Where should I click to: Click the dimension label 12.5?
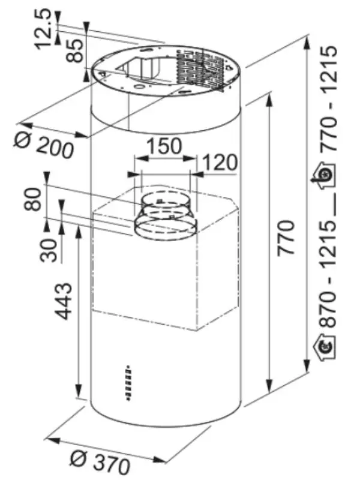coord(42,29)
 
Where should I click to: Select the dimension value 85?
coord(74,50)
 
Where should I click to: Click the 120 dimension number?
coord(220,162)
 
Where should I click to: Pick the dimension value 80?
coord(32,199)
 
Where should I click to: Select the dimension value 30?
coord(49,250)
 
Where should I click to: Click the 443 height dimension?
coord(64,301)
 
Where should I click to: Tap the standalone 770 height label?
coord(286,237)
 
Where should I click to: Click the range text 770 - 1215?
coord(331,98)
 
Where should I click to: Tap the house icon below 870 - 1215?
coord(325,347)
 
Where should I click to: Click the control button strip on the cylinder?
coord(128,383)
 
